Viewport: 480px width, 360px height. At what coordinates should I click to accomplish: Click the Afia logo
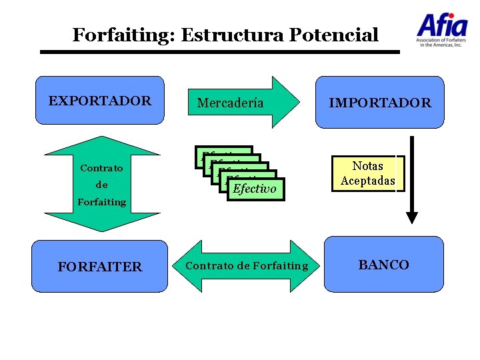pyautogui.click(x=442, y=26)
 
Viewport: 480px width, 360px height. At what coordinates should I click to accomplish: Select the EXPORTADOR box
pyautogui.click(x=99, y=101)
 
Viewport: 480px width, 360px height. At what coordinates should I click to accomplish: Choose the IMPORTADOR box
pyautogui.click(x=379, y=102)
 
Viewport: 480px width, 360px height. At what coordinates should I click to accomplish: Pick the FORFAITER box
pyautogui.click(x=99, y=266)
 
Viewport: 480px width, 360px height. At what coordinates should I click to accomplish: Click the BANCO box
pyautogui.click(x=383, y=265)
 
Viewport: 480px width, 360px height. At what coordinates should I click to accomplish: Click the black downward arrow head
pyautogui.click(x=412, y=217)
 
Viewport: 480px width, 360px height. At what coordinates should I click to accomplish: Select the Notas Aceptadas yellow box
pyautogui.click(x=368, y=173)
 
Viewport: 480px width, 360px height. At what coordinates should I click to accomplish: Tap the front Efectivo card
pyautogui.click(x=255, y=189)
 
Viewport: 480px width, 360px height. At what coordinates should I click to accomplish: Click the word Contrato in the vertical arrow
pyautogui.click(x=101, y=168)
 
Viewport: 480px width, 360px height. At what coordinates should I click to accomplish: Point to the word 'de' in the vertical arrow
pyautogui.click(x=101, y=185)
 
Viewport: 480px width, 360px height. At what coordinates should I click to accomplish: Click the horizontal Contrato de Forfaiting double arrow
pyautogui.click(x=247, y=266)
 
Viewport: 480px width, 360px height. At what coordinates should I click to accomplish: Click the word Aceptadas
pyautogui.click(x=368, y=181)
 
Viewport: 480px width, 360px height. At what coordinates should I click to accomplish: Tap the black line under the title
pyautogui.click(x=220, y=51)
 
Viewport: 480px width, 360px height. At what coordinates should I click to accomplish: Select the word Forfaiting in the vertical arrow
pyautogui.click(x=101, y=201)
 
